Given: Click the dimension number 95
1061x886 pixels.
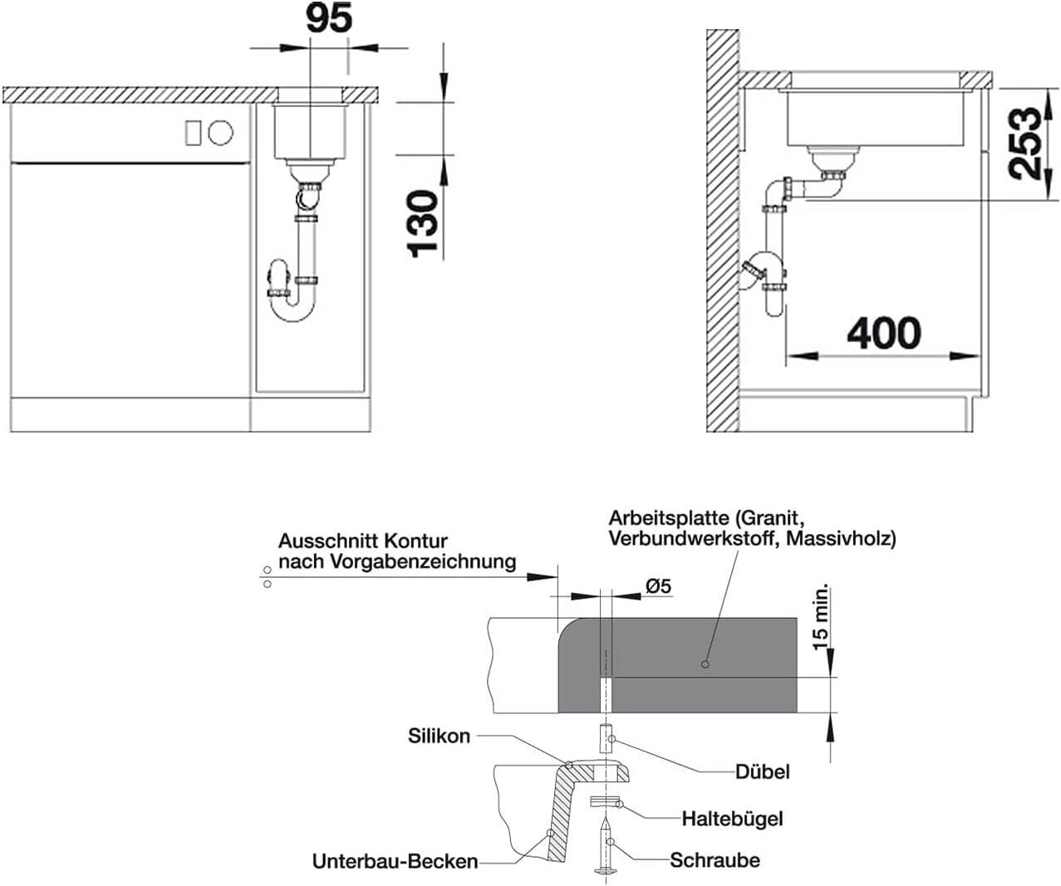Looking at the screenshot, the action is coord(329,18).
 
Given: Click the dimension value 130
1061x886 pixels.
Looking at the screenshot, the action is coord(422,223).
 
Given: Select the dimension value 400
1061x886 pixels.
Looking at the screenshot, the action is coord(884,333).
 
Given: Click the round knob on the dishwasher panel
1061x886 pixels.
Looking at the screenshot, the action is coord(220,133).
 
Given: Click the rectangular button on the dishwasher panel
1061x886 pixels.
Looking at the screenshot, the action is coord(193,133).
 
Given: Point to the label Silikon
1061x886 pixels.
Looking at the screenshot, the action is coord(439,736).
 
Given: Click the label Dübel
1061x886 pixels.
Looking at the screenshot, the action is coord(762,771).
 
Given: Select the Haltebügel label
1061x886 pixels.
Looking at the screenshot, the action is coord(732,819).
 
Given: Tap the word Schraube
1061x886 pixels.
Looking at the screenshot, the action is coord(715,860).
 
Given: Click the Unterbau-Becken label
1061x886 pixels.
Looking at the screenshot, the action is coord(395,861).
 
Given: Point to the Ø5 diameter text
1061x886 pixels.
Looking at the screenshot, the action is coord(659,586).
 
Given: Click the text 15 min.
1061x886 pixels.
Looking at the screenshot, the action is coord(820,617).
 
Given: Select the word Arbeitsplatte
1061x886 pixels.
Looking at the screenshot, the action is coord(668,519).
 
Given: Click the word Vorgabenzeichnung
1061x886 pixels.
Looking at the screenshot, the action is coord(423,562).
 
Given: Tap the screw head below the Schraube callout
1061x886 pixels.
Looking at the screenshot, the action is coord(605,870).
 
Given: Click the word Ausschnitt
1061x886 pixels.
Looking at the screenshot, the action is coord(325,541).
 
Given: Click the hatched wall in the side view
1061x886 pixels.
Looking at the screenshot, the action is coord(723,231).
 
